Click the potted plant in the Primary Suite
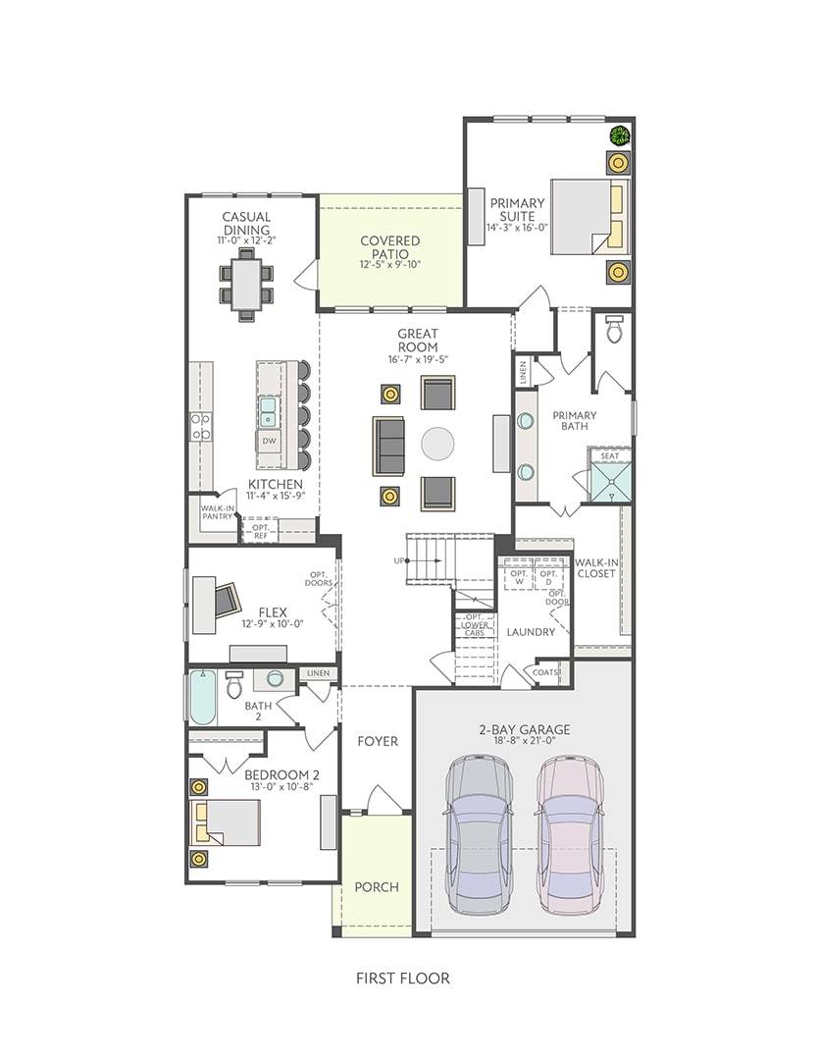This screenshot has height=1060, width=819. pyautogui.click(x=619, y=135)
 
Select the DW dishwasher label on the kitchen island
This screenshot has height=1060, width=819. pyautogui.click(x=269, y=442)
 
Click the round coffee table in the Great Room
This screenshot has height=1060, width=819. pyautogui.click(x=437, y=444)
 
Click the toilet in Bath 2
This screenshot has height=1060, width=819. pyautogui.click(x=233, y=684)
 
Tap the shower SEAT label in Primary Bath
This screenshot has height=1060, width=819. pyautogui.click(x=609, y=455)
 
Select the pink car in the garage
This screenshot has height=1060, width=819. pyautogui.click(x=569, y=830)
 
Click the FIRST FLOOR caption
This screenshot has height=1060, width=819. pyautogui.click(x=403, y=979)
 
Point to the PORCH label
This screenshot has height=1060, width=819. pyautogui.click(x=377, y=887)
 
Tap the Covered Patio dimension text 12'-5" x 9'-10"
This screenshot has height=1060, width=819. pyautogui.click(x=390, y=264)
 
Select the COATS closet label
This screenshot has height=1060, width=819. pyautogui.click(x=545, y=672)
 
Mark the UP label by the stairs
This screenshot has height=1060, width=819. pyautogui.click(x=398, y=561)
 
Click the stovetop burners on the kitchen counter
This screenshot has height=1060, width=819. pyautogui.click(x=200, y=427)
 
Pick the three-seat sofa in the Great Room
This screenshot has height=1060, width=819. pyautogui.click(x=388, y=446)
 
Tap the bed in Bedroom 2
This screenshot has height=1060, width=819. pyautogui.click(x=225, y=822)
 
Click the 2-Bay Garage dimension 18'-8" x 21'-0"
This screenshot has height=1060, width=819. pyautogui.click(x=525, y=740)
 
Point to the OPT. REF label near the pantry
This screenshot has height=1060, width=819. pyautogui.click(x=261, y=531)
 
